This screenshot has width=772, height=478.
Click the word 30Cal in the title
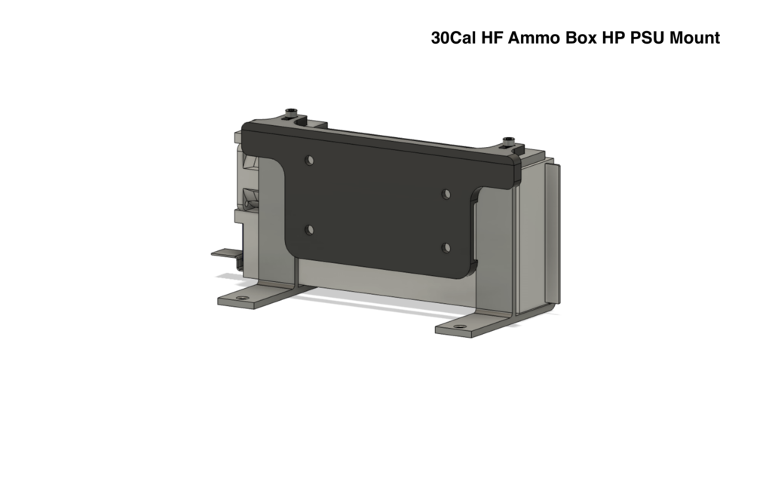(453, 38)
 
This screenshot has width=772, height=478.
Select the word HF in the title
(493, 38)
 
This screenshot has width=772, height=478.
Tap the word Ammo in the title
(535, 38)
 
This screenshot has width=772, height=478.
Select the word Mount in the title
(695, 38)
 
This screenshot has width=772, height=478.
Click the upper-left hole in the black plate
(308, 161)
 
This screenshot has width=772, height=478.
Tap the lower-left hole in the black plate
(308, 229)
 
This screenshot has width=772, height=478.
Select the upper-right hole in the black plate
(446, 194)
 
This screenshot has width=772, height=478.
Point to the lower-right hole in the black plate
(446, 247)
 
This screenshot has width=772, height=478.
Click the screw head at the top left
(291, 114)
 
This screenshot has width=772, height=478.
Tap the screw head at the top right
(511, 141)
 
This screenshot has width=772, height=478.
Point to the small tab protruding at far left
(222, 253)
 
